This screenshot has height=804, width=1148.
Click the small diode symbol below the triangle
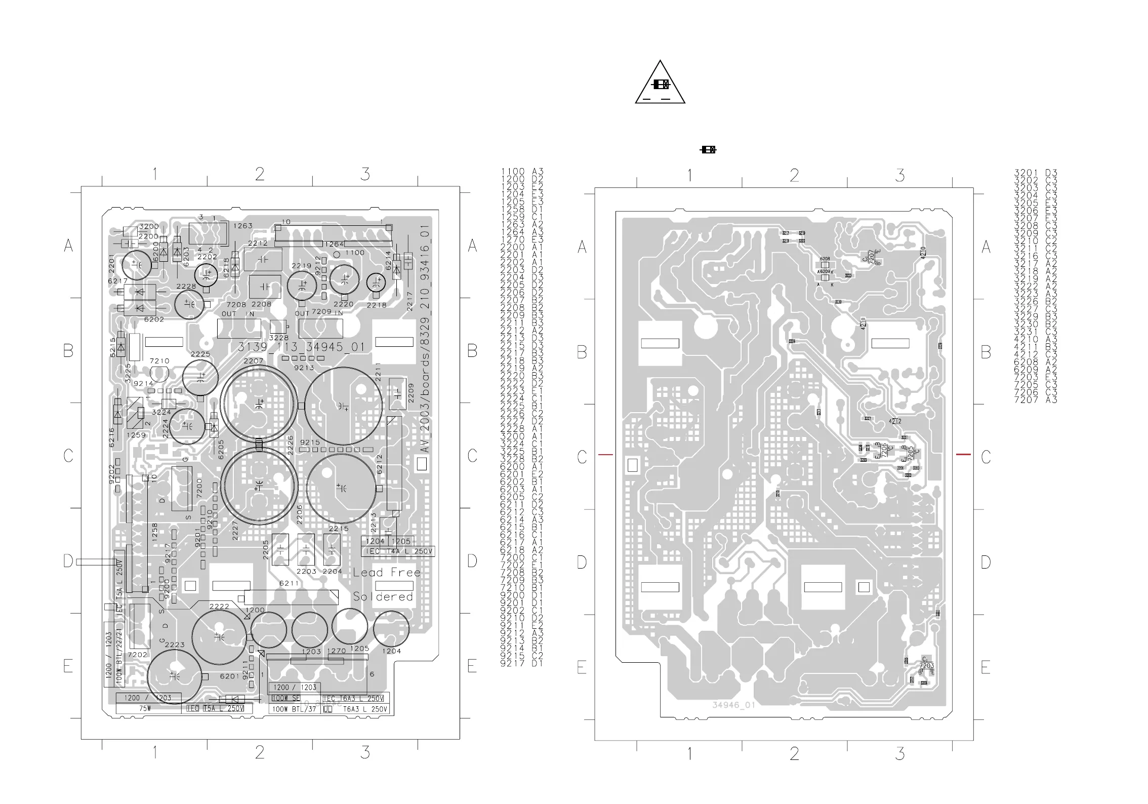(708, 150)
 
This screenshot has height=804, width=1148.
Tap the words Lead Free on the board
(387, 573)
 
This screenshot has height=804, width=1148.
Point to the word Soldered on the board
(383, 597)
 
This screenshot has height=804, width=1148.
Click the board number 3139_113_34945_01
(301, 347)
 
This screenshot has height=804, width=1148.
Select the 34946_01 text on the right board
(733, 705)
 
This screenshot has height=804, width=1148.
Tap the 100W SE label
(285, 698)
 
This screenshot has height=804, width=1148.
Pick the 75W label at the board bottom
(145, 708)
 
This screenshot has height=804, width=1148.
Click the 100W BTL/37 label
(294, 709)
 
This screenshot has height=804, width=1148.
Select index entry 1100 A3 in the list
(522, 172)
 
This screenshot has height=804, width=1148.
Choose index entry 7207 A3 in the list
(1035, 400)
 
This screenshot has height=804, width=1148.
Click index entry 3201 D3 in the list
(1035, 173)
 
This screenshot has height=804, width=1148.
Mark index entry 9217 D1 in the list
(521, 663)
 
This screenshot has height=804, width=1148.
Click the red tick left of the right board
(605, 455)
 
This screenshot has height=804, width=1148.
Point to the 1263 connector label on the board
(242, 226)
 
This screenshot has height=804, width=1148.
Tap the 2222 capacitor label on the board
(219, 606)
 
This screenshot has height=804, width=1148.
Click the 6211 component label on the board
(289, 583)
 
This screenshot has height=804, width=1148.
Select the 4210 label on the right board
(923, 253)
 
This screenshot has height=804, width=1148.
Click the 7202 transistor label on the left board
(137, 655)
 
